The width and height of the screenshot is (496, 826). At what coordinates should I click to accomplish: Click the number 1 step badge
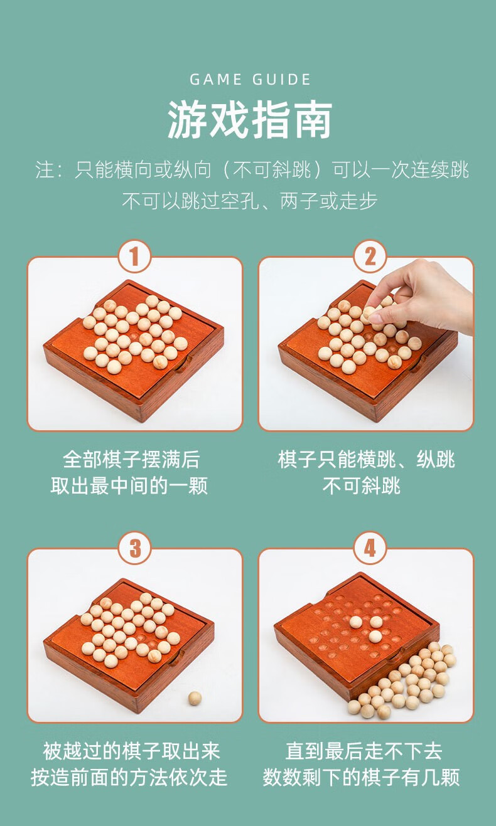(x=135, y=257)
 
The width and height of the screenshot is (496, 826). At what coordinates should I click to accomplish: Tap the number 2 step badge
(x=370, y=257)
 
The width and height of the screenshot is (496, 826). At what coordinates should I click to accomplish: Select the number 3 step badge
(x=135, y=548)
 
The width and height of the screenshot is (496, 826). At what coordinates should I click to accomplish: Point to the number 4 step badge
(x=370, y=548)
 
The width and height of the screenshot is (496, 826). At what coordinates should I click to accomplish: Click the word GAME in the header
(x=216, y=80)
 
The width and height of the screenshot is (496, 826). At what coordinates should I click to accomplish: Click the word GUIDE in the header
(x=282, y=80)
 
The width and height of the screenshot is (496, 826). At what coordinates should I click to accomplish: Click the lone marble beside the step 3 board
(x=195, y=698)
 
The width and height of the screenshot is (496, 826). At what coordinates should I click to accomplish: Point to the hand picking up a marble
(x=427, y=295)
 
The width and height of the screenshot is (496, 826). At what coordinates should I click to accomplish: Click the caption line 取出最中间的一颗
(x=129, y=486)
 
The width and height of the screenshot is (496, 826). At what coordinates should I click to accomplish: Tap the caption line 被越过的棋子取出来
(x=132, y=751)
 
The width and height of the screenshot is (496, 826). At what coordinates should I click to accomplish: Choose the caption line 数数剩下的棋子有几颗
(x=361, y=778)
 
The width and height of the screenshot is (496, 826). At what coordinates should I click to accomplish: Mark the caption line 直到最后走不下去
(x=364, y=751)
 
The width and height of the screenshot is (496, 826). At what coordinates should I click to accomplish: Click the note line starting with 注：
(x=252, y=170)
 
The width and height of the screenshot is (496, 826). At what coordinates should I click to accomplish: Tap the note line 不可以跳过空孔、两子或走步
(x=249, y=201)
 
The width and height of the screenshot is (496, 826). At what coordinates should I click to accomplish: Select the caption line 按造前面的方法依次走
(x=129, y=778)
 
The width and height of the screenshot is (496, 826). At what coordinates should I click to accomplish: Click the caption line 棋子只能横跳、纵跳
(x=366, y=460)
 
